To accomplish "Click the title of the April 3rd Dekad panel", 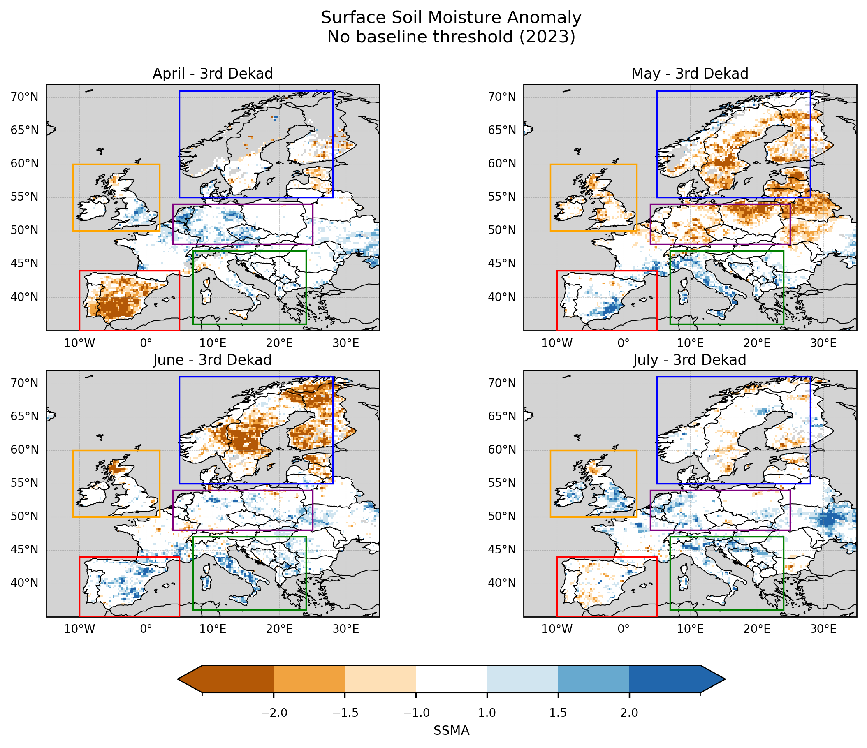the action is coord(213,74).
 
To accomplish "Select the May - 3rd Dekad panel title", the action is coord(690,74).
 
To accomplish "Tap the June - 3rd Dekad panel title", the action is coord(213,360).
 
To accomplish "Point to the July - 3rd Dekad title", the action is coord(690,360).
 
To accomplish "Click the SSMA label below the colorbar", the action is coord(451,730).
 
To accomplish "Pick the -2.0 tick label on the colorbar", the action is coord(274,713).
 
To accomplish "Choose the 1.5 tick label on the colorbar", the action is coord(558,713).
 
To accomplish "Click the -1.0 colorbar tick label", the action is coord(416,713).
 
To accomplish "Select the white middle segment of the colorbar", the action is coord(451,679).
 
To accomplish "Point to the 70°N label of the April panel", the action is coord(24,97).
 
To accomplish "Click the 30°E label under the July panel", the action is coord(823,629).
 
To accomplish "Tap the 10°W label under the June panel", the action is coord(79,629).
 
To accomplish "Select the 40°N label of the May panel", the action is coord(502,297).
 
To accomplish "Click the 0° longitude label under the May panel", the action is coord(624,343).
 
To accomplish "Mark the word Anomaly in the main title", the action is coord(544,18).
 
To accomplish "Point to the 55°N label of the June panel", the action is coord(24,483).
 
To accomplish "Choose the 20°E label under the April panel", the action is coord(280,343).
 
